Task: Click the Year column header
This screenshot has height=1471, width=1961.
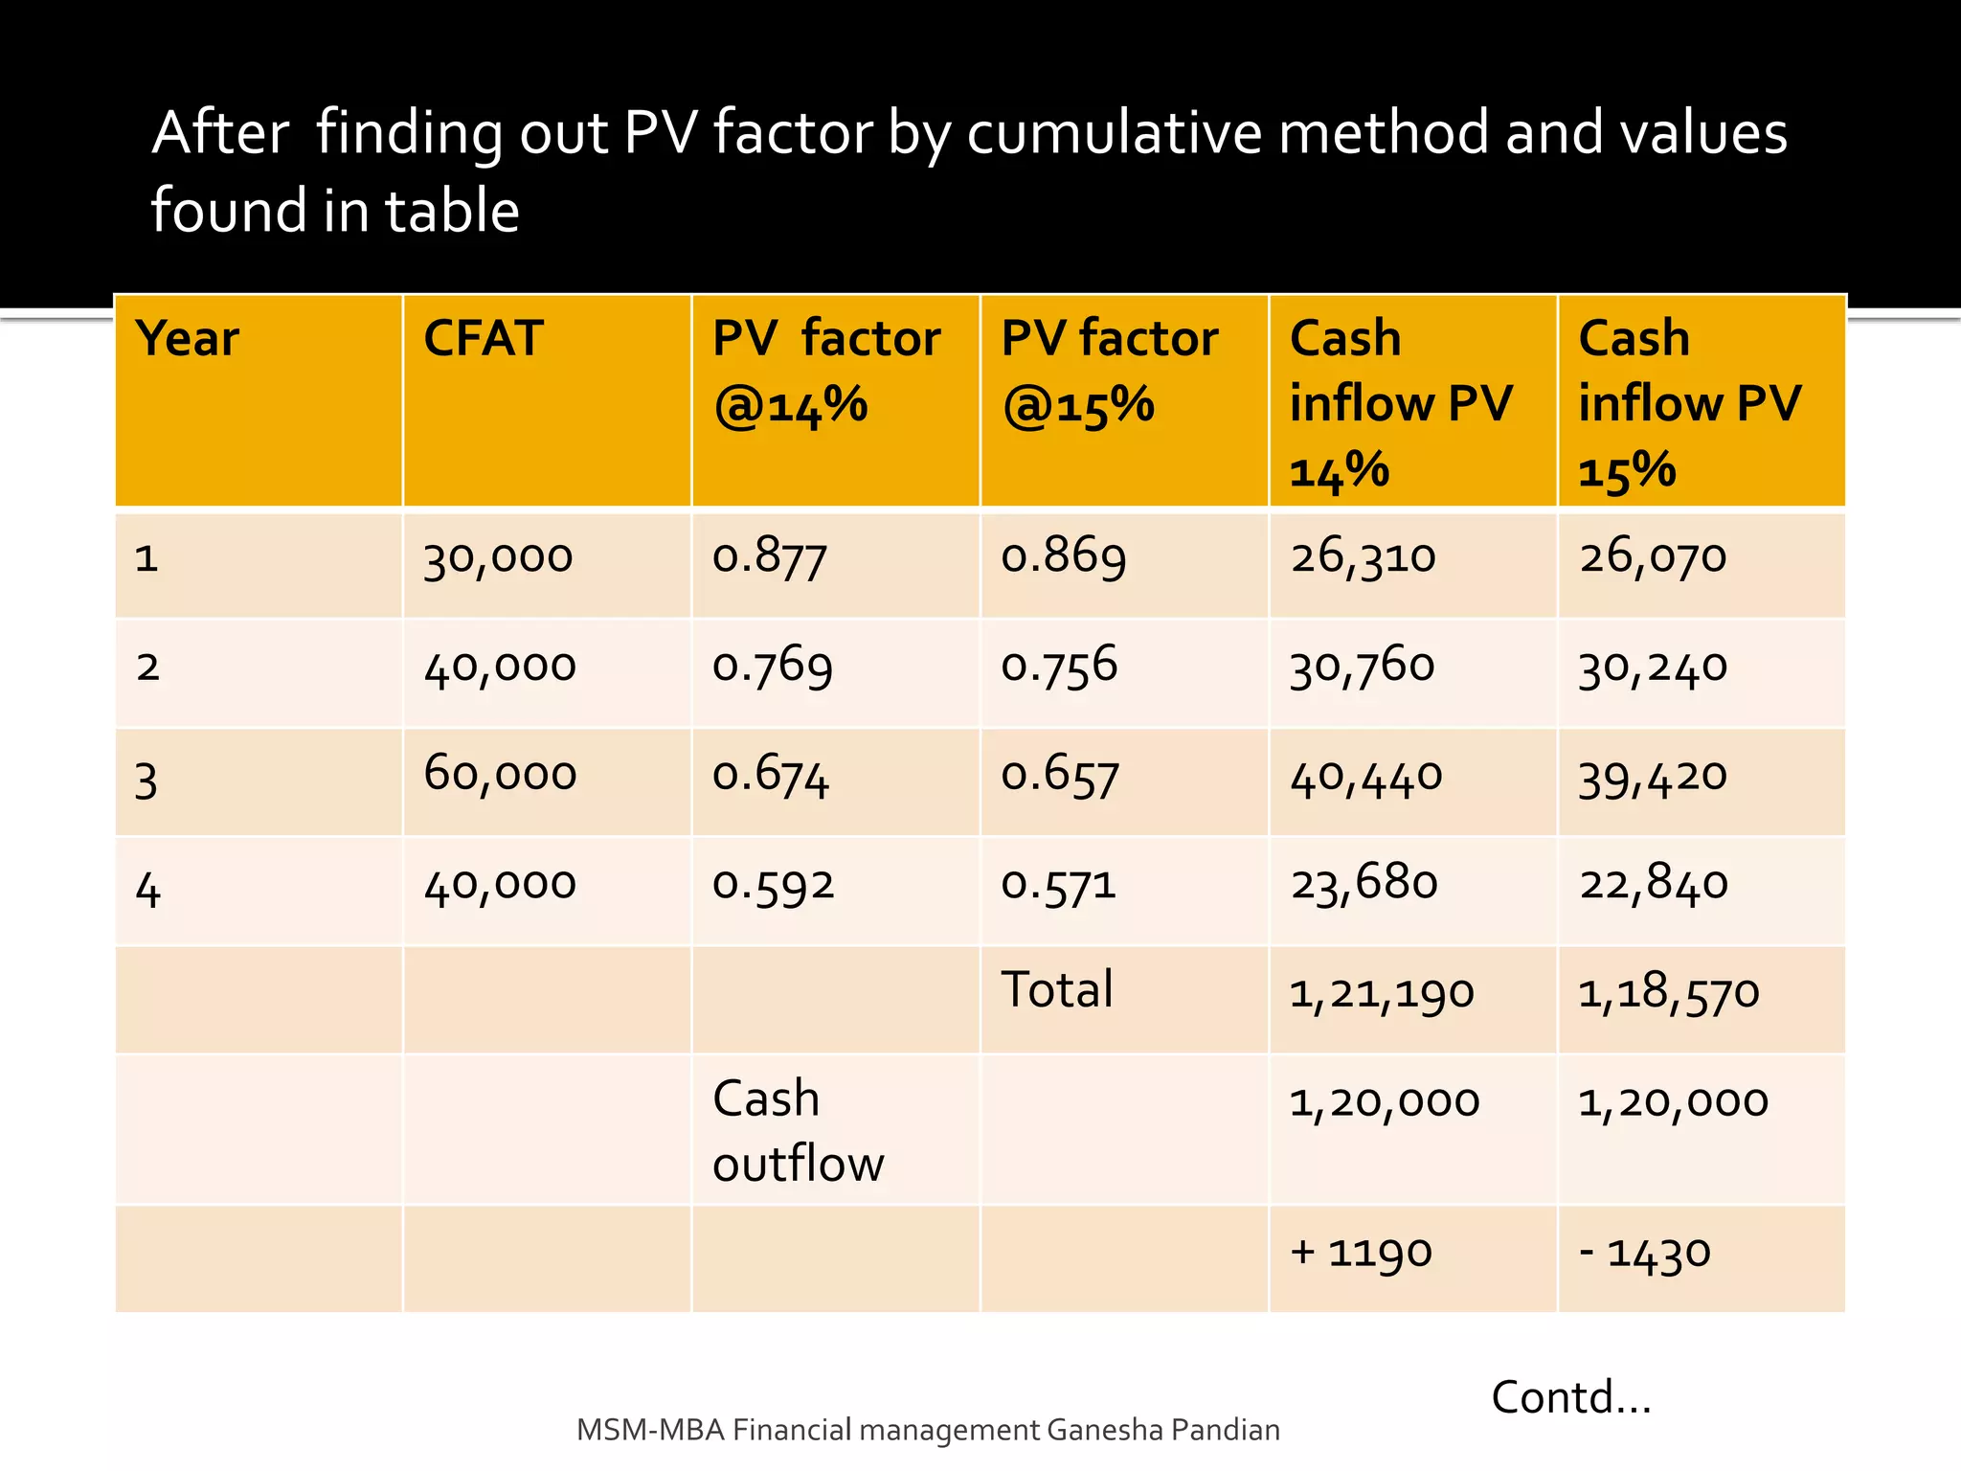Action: tap(187, 339)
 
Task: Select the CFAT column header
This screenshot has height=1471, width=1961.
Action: tap(484, 339)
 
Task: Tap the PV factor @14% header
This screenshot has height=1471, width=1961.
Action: tap(825, 372)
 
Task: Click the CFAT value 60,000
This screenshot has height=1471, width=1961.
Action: tap(500, 774)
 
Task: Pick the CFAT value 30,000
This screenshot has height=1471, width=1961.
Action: tap(498, 557)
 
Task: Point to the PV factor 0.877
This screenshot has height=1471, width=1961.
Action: tap(769, 556)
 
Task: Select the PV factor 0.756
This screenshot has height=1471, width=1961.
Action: tap(1059, 666)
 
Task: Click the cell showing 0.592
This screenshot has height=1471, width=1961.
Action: tap(773, 884)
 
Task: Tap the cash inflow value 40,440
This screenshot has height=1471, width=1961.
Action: tap(1365, 776)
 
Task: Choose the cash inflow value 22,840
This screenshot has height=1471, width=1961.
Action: tap(1654, 883)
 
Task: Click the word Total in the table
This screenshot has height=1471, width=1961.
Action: tap(1057, 989)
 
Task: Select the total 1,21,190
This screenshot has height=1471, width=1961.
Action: tap(1381, 993)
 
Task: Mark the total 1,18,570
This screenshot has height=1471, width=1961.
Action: tap(1668, 993)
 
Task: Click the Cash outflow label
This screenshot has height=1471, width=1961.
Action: tap(798, 1131)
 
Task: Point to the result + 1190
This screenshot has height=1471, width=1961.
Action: tap(1361, 1253)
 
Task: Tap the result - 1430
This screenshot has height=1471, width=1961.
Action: tap(1644, 1253)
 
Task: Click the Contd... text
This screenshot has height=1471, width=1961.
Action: tap(1571, 1397)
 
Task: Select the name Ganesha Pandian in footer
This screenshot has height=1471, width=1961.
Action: tap(1162, 1430)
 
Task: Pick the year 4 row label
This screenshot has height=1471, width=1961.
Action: tap(147, 890)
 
